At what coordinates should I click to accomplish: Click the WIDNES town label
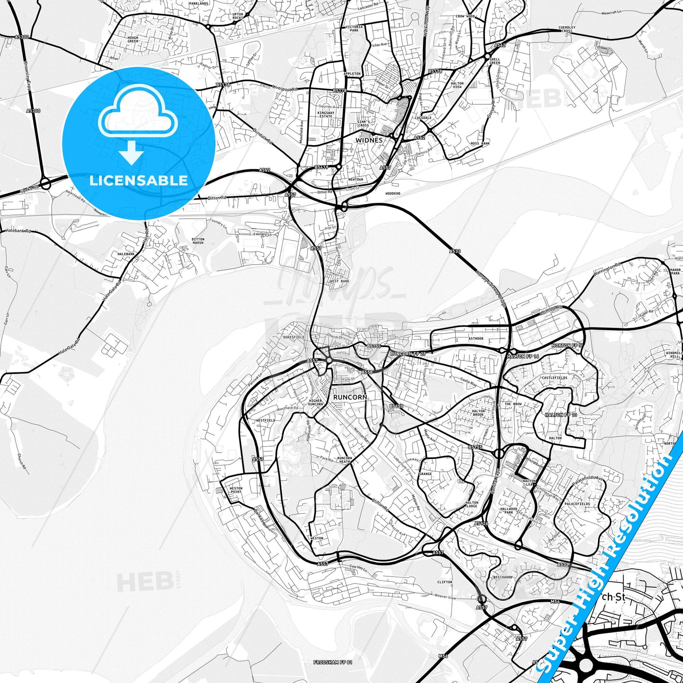pos(369,140)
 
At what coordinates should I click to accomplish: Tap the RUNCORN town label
pos(350,398)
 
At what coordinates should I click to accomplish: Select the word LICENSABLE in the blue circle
pos(138,180)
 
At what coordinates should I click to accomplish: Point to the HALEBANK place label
pos(126,254)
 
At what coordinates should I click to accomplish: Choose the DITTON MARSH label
pos(198,241)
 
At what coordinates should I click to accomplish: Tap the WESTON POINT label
pos(236,490)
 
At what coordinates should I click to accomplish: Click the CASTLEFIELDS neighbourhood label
pos(554,378)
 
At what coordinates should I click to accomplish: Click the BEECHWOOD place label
pos(502,577)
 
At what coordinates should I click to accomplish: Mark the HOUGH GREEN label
pos(133,39)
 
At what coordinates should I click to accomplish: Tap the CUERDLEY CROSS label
pos(567,29)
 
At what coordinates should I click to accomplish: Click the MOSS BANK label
pos(480,144)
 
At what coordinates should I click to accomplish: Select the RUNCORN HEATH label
pos(345,460)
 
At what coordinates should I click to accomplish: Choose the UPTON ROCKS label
pos(238,16)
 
